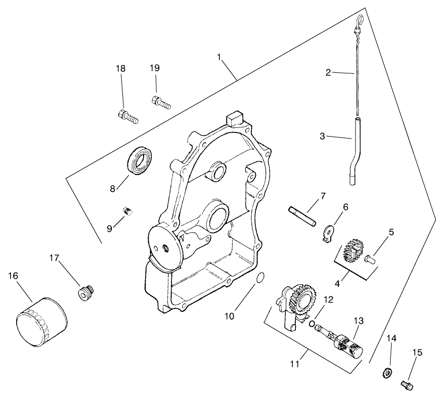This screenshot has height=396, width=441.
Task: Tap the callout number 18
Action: [x=120, y=68]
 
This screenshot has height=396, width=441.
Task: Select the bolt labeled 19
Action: [x=161, y=102]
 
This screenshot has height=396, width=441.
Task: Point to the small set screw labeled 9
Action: [x=127, y=211]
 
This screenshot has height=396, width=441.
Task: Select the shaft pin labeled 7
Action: [x=302, y=215]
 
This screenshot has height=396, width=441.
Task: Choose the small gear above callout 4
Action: [x=352, y=250]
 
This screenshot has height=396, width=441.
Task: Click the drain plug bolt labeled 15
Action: [x=406, y=385]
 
